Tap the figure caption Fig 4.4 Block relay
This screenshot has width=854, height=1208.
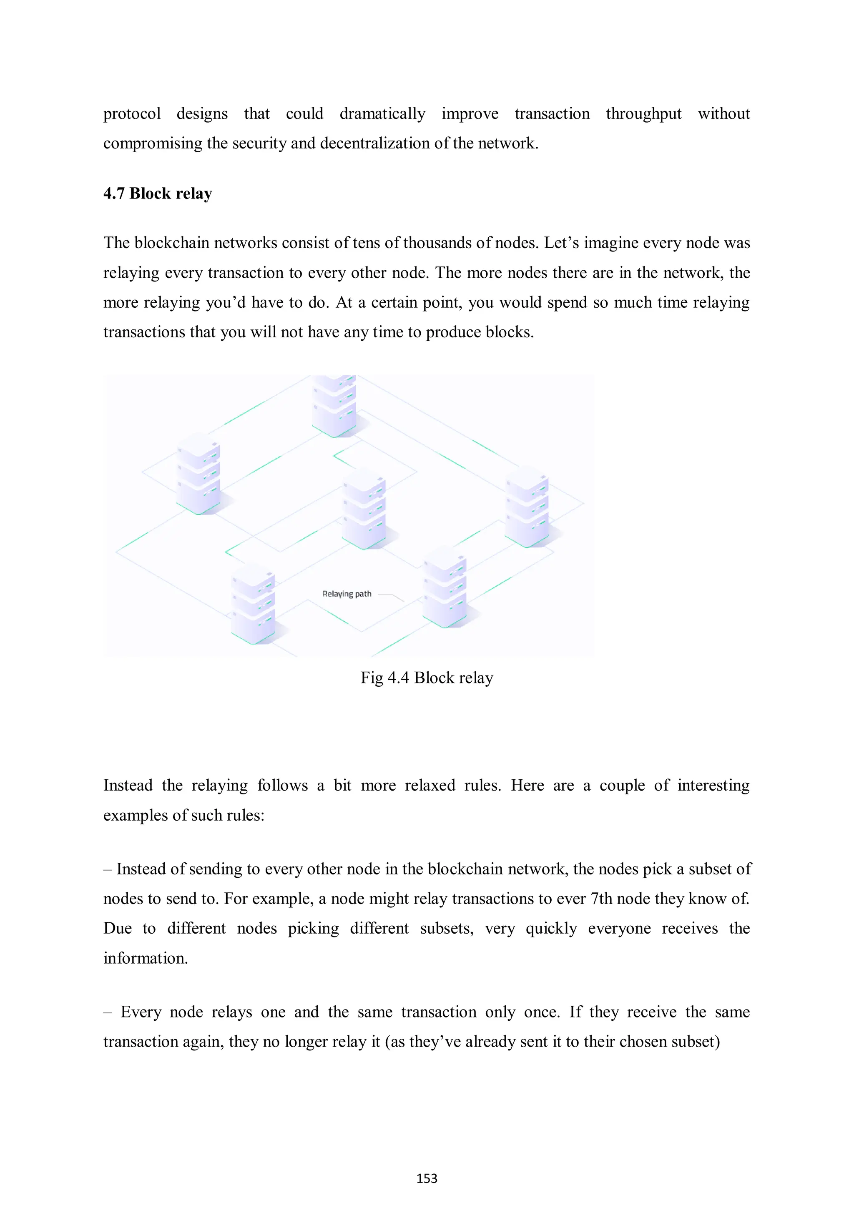pos(426,678)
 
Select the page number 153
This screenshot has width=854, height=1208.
pos(426,1178)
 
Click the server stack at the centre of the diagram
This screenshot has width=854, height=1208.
pos(364,509)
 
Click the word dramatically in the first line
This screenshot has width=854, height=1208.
pos(382,114)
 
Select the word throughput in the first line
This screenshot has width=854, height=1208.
pos(643,114)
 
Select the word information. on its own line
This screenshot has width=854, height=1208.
pos(145,958)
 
